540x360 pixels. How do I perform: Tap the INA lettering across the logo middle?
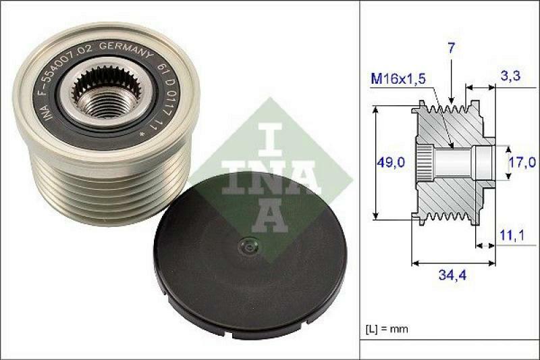pos(269,177)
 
